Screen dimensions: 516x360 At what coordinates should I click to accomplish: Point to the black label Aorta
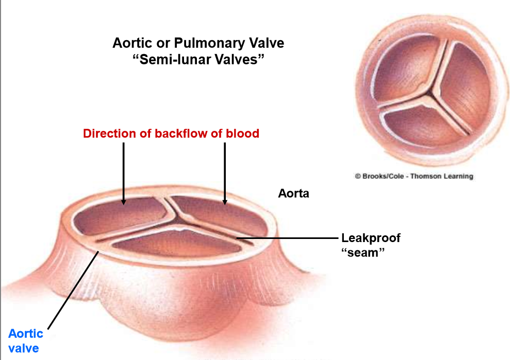coord(293,194)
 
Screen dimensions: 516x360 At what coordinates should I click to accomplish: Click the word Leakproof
coord(370,238)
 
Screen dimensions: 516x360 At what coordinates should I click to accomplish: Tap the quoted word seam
coord(364,253)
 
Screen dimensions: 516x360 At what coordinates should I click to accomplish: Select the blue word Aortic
coord(26,333)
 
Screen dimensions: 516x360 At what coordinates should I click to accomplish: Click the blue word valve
coord(24,348)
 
